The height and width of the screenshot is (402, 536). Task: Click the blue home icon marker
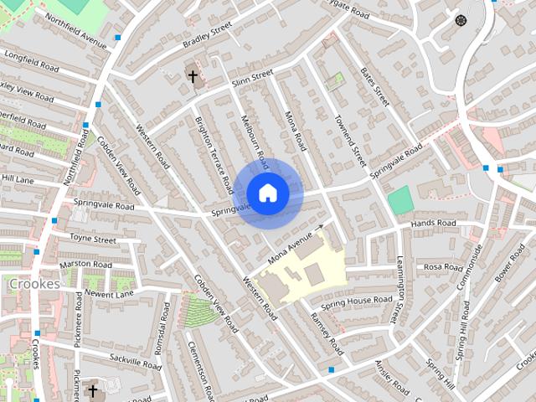[x=267, y=193]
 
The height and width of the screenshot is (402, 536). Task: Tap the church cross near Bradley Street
[x=193, y=77]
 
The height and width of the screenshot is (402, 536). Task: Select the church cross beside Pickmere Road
[x=93, y=391]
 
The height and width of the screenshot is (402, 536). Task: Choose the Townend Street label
[x=349, y=139]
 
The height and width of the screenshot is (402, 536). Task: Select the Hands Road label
[x=433, y=224]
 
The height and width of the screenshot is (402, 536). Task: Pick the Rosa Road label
[x=443, y=268]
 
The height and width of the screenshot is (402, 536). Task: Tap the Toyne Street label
[x=94, y=240]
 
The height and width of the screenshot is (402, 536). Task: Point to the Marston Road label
[x=85, y=265]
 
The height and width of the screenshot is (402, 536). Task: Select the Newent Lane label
[x=108, y=294]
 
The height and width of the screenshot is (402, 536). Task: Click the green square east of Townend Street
[x=400, y=200]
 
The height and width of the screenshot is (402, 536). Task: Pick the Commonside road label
[x=469, y=267]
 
